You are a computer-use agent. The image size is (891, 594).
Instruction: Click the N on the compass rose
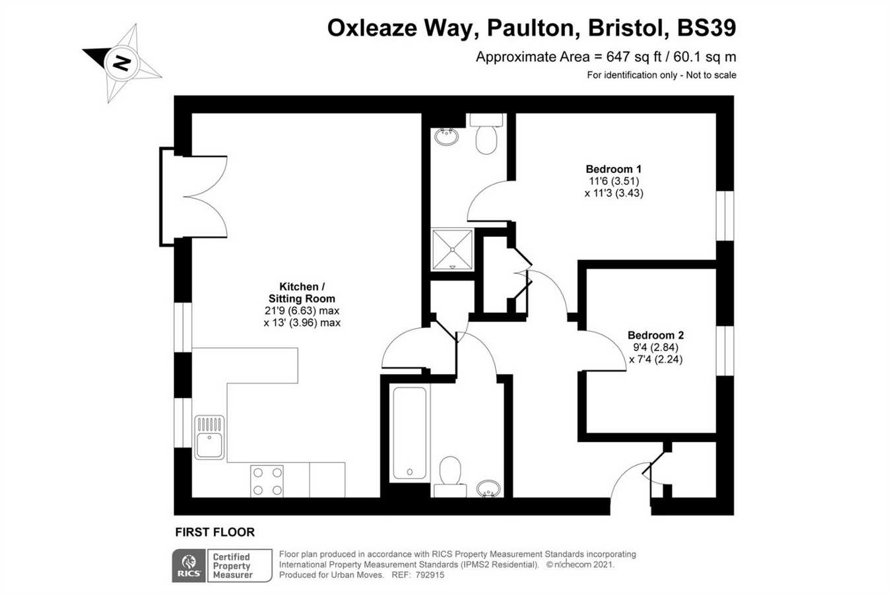121,63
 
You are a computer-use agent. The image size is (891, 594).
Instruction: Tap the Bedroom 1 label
614,169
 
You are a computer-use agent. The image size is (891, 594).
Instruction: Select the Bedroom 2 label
655,335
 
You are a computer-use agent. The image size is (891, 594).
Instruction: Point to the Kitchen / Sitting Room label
302,292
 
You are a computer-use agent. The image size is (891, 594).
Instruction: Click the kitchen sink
209,437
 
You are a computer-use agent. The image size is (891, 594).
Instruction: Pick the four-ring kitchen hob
267,481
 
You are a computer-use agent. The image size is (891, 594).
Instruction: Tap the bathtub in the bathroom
410,433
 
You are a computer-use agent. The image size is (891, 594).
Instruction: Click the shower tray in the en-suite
453,249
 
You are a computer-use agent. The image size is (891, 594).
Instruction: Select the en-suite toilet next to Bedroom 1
486,134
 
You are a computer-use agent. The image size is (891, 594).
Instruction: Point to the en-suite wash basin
446,137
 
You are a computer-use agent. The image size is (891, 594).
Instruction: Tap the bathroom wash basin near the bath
488,488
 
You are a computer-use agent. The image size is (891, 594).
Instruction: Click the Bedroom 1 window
725,216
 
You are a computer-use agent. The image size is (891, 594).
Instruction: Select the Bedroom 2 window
725,350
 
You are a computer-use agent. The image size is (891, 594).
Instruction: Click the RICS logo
189,566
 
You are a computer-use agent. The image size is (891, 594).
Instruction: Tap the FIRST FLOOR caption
214,533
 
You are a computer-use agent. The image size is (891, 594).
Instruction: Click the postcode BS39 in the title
706,28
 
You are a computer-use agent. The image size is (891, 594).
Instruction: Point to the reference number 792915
430,575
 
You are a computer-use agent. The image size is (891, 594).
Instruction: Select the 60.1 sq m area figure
704,57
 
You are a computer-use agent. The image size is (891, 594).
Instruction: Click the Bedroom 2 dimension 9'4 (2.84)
655,347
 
